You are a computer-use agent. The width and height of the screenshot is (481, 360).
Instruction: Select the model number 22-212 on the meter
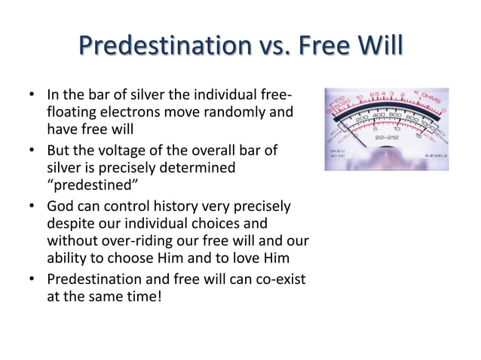tap(388, 139)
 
